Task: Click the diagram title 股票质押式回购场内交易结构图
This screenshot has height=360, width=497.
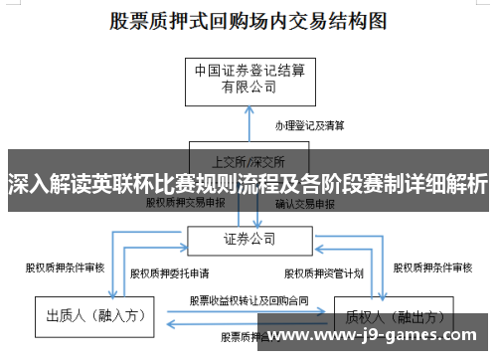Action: (248, 19)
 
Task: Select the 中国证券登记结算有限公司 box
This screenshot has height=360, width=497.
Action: (248, 79)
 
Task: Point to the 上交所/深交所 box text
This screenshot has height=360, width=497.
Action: (248, 160)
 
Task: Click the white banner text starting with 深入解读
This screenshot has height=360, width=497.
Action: (248, 184)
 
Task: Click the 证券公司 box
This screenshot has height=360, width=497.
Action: (248, 240)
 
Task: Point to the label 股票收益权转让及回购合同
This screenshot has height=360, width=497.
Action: (248, 299)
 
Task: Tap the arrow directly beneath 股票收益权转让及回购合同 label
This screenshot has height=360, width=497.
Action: (248, 312)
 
